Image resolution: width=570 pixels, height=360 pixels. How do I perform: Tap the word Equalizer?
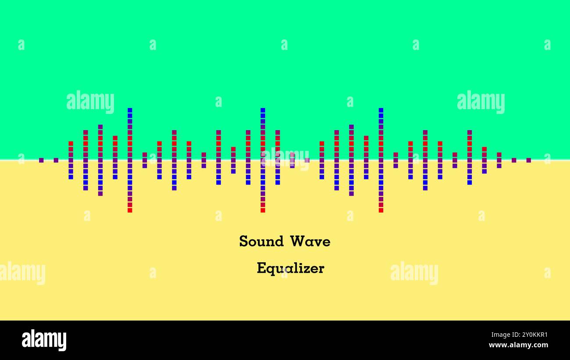pos(290,268)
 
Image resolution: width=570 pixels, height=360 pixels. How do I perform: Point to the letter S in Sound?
pos(243,241)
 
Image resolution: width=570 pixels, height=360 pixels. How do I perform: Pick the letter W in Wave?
pos(297,241)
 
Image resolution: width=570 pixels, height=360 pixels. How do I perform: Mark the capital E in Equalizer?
pos(261,268)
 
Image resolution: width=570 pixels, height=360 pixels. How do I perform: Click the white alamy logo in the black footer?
pos(44,340)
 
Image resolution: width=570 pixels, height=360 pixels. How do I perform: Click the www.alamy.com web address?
pos(518,345)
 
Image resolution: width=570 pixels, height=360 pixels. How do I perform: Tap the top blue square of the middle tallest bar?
pos(263,110)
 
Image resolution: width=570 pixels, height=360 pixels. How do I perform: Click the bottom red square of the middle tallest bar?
pos(263,210)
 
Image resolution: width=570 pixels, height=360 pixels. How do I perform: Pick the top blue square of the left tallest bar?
pos(130,110)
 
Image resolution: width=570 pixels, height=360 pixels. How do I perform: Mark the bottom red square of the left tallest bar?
pos(130,210)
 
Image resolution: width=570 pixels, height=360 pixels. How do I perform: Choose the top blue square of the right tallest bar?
pos(381,110)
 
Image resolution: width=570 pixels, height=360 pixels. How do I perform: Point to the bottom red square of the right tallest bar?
pos(381,210)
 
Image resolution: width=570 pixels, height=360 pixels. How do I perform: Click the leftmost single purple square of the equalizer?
pos(41,160)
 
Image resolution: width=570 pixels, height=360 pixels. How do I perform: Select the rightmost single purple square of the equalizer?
pos(528,160)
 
